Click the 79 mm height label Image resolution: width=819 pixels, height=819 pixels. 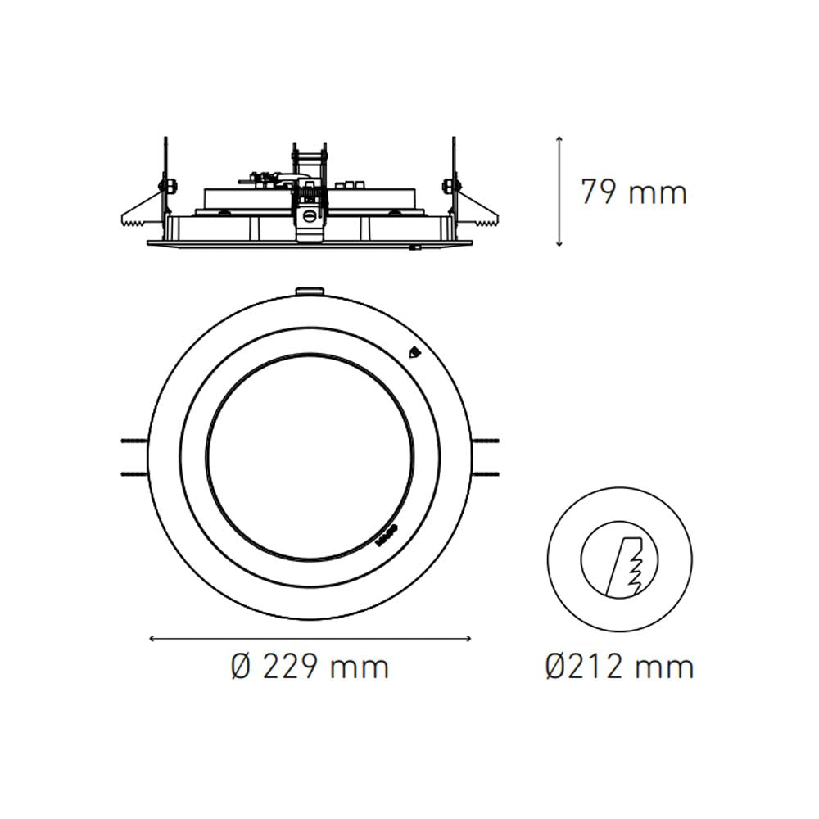click(x=633, y=192)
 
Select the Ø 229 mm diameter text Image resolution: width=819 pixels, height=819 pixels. click(x=310, y=667)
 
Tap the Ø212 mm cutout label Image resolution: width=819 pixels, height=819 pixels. click(x=620, y=667)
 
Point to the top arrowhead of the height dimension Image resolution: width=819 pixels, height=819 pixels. click(x=559, y=139)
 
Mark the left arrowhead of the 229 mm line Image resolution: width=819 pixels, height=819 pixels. click(x=152, y=638)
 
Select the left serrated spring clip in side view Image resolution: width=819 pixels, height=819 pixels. click(x=139, y=215)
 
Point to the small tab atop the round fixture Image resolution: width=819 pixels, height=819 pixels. click(x=310, y=289)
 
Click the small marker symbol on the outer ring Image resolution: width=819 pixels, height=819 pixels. click(x=414, y=353)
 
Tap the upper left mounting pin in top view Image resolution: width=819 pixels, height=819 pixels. click(x=133, y=441)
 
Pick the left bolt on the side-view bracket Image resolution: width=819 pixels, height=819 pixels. click(x=170, y=186)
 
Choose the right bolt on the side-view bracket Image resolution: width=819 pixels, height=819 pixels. click(x=448, y=186)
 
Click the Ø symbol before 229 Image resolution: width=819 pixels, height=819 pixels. click(x=239, y=667)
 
